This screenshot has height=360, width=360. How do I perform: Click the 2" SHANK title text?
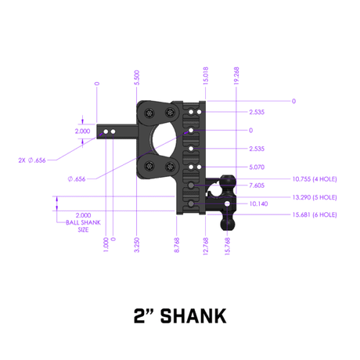(179, 315)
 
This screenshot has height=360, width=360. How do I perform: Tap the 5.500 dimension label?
(138, 77)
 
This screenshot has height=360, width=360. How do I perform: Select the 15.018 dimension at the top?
(204, 74)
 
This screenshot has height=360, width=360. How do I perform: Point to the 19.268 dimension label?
(236, 74)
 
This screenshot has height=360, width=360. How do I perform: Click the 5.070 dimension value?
(256, 167)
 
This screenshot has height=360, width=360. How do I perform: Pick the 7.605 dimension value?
(256, 185)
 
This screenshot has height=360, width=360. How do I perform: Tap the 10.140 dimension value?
(256, 203)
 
